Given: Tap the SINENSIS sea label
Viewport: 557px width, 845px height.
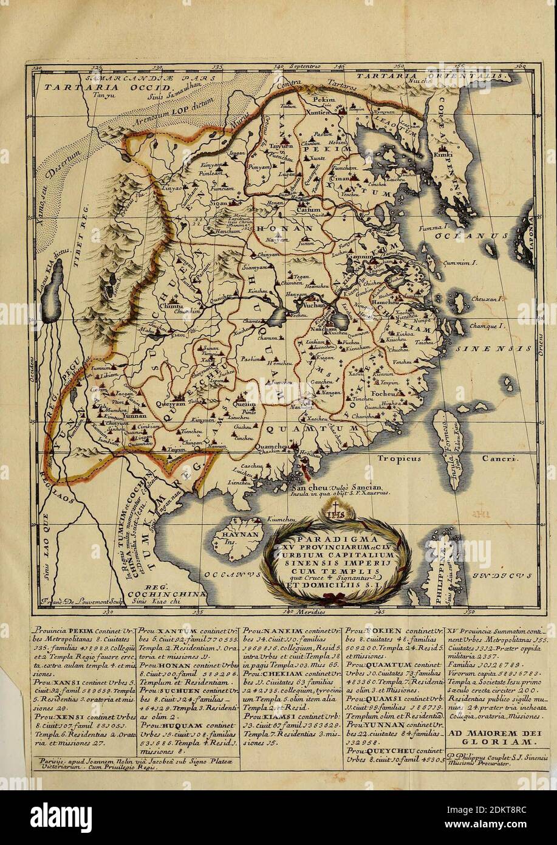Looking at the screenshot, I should [492, 350].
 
